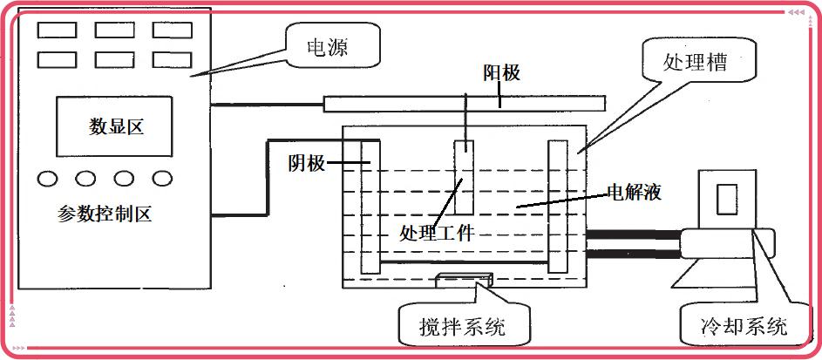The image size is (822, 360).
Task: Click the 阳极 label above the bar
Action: (501, 73)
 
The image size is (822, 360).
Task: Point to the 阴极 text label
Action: (307, 164)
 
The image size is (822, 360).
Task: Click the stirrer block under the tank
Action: (463, 280)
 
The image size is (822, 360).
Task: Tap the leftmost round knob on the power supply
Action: (47, 179)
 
